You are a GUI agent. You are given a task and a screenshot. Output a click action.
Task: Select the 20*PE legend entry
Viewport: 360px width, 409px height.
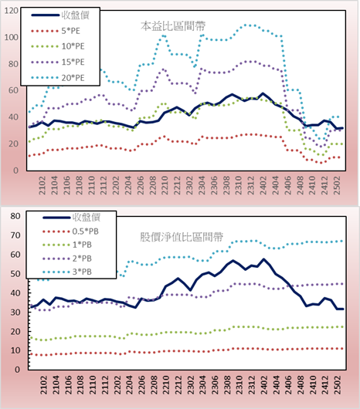(58, 78)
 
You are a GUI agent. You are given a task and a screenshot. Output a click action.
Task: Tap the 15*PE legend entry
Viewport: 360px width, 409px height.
(58, 62)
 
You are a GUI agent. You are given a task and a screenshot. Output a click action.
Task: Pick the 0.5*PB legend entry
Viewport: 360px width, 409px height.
(70, 232)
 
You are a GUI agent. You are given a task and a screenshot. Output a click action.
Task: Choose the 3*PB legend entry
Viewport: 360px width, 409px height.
(67, 272)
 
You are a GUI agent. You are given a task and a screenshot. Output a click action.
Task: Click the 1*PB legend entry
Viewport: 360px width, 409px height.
(67, 245)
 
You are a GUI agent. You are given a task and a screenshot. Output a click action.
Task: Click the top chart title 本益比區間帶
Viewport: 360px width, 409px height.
(173, 25)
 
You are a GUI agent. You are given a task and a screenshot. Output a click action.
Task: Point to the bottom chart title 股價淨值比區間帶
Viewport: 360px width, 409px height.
(182, 237)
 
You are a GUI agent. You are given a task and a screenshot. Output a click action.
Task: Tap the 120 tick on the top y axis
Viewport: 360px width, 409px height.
(12, 11)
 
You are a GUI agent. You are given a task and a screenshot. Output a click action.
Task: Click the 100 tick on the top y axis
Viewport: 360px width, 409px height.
(12, 37)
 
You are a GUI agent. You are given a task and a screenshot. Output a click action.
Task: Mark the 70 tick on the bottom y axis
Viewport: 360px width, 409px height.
(15, 235)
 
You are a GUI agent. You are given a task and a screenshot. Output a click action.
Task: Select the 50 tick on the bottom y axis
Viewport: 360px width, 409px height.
(15, 274)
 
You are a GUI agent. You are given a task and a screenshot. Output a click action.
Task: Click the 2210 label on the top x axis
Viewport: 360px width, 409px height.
(165, 185)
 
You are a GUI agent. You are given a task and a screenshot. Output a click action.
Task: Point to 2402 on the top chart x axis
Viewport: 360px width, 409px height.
(263, 185)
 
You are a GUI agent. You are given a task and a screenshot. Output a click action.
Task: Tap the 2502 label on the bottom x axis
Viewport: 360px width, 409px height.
(338, 385)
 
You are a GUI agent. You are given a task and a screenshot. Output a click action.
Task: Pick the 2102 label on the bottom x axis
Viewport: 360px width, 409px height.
(43, 385)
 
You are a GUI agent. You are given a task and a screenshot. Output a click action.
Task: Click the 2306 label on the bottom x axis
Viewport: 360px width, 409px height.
(215, 385)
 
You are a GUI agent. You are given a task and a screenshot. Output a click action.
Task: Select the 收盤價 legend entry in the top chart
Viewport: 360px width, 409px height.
(60, 15)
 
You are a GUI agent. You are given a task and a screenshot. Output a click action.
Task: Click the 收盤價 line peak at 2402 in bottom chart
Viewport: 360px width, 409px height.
(263, 259)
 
